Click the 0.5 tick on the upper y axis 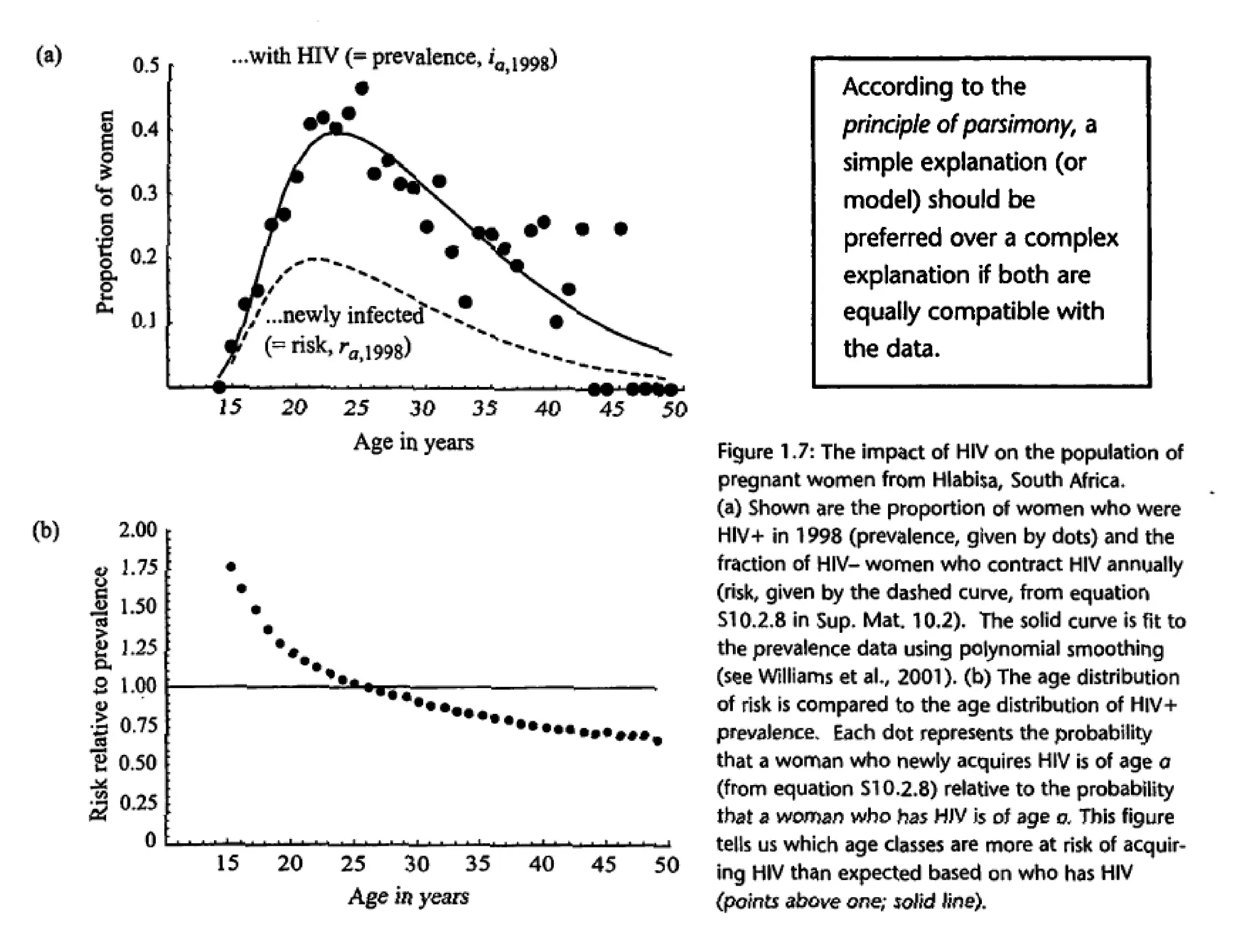pyautogui.click(x=145, y=65)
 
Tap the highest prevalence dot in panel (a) pyautogui.click(x=362, y=88)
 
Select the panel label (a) pyautogui.click(x=48, y=56)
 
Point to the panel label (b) pyautogui.click(x=46, y=530)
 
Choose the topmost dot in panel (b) pyautogui.click(x=231, y=567)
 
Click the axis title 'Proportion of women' pyautogui.click(x=105, y=212)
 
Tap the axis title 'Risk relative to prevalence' pyautogui.click(x=99, y=693)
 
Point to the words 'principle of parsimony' pyautogui.click(x=957, y=125)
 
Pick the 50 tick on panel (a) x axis pyautogui.click(x=674, y=409)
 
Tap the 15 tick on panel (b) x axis pyautogui.click(x=228, y=863)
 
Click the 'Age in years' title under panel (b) pyautogui.click(x=408, y=897)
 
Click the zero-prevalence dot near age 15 pyautogui.click(x=219, y=387)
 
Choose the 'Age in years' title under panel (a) pyautogui.click(x=413, y=442)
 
